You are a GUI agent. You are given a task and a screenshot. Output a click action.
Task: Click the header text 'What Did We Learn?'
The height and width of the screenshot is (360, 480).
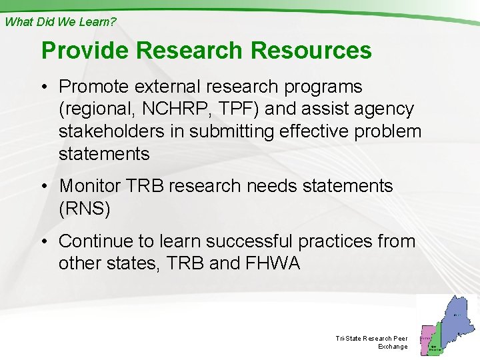click(x=61, y=21)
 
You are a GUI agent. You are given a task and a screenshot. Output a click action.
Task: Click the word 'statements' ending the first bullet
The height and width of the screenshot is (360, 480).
click(x=104, y=154)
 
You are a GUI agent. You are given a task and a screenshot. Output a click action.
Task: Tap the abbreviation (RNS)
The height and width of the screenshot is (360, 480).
click(x=85, y=209)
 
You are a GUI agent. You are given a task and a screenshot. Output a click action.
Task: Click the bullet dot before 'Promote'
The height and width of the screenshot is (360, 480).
click(x=46, y=87)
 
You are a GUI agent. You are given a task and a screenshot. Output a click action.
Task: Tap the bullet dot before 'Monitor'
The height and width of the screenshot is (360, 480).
click(x=46, y=187)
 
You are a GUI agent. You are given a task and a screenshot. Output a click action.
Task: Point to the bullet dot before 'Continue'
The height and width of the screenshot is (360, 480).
click(x=46, y=241)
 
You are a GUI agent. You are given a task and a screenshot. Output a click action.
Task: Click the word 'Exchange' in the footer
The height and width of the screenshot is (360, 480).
click(x=393, y=347)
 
